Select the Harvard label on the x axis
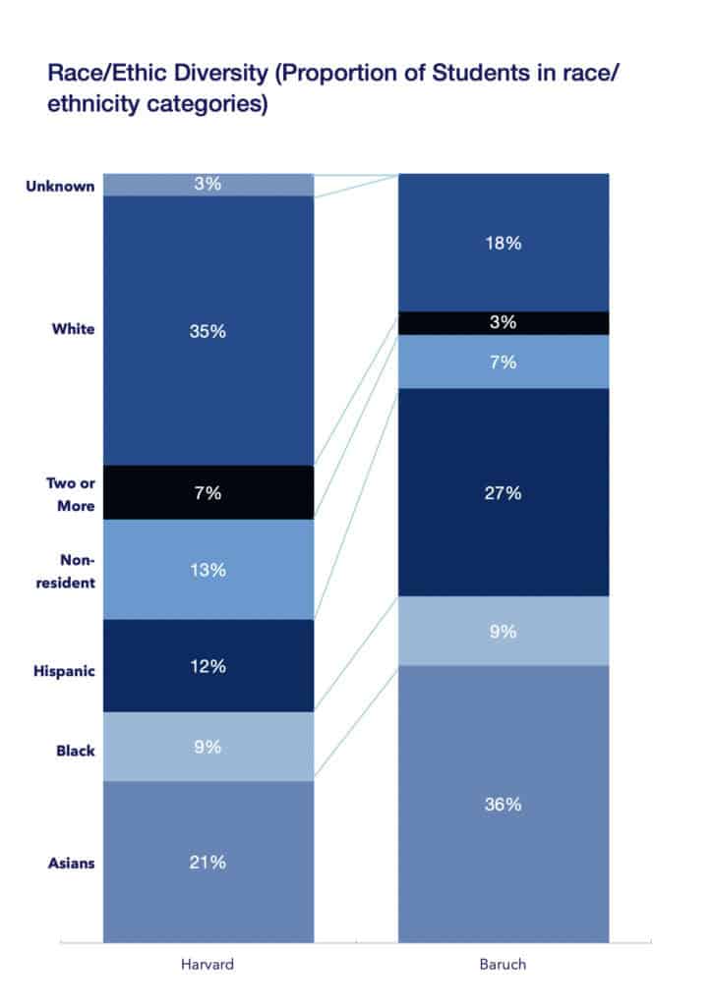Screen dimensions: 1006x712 [208, 964]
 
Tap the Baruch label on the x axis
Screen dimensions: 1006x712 [503, 964]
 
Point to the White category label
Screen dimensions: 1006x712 [74, 329]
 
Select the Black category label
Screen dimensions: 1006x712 [76, 751]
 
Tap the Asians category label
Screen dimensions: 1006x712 [71, 863]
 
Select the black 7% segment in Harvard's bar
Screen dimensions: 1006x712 [208, 493]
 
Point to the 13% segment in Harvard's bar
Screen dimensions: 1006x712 [208, 570]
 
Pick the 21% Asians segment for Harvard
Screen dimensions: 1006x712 [208, 862]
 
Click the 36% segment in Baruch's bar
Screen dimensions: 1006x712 [503, 804]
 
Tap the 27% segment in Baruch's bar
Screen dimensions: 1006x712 [503, 493]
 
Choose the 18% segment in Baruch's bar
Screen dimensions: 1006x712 [503, 244]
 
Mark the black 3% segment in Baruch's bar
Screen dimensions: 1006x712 [503, 323]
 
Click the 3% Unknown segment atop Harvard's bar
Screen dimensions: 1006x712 [208, 184]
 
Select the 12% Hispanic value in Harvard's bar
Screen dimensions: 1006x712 [208, 666]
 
